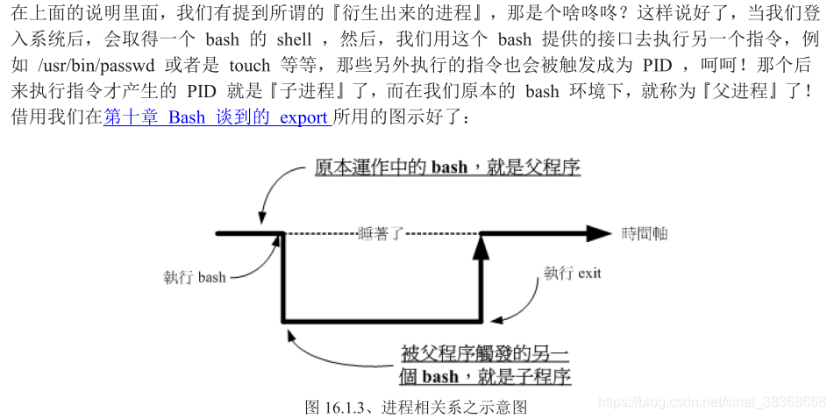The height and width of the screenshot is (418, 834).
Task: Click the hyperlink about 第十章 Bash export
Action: (x=217, y=117)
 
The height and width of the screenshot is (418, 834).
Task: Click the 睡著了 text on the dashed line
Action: (x=381, y=233)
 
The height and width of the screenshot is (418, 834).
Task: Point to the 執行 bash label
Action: (x=194, y=277)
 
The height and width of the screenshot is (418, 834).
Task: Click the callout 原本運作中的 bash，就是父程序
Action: (x=447, y=166)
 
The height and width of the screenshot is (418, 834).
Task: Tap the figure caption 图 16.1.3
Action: (x=416, y=407)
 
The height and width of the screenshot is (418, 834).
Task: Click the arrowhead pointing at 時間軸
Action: (x=599, y=233)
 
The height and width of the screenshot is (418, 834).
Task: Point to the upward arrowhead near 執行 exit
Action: (x=481, y=247)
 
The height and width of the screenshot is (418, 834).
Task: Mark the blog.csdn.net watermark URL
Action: (x=711, y=400)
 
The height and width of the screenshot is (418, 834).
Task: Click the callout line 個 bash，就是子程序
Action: (x=484, y=377)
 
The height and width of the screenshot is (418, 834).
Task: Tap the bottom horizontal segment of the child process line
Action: (x=382, y=321)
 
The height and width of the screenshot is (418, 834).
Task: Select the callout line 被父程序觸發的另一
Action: (x=484, y=354)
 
